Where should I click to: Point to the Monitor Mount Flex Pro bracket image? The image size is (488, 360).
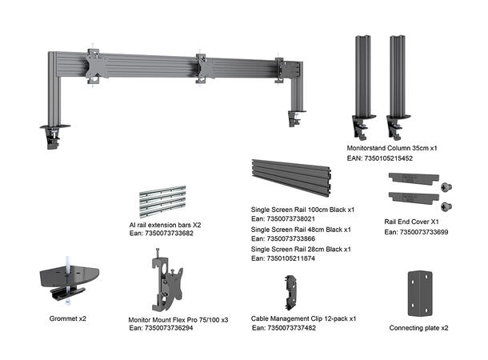166,281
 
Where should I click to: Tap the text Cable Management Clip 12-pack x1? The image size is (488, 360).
303,318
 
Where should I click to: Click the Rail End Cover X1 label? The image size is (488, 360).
412,222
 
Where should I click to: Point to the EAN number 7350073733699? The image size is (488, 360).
416,232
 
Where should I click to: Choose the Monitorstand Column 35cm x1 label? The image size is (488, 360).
391,149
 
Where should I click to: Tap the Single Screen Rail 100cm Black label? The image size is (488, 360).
302,209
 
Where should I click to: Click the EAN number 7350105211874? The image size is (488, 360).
283,258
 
